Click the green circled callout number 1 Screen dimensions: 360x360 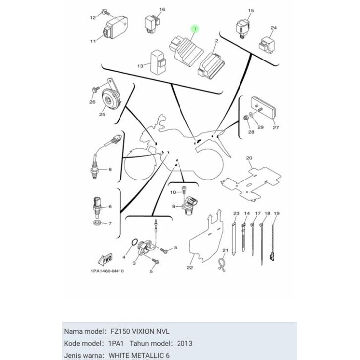click(x=195, y=29)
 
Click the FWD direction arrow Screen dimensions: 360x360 click(x=106, y=259)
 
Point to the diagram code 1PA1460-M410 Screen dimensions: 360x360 click(x=107, y=271)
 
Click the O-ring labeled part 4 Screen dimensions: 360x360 click(x=133, y=243)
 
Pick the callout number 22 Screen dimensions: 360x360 click(x=189, y=268)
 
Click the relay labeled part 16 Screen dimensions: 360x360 click(x=150, y=22)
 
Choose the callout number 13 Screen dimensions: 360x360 click(x=140, y=66)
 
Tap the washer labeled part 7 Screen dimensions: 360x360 click(x=96, y=223)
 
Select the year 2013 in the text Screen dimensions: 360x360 click(x=183, y=343)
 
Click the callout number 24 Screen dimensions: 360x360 click(x=274, y=28)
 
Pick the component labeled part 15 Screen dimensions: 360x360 click(x=242, y=28)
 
